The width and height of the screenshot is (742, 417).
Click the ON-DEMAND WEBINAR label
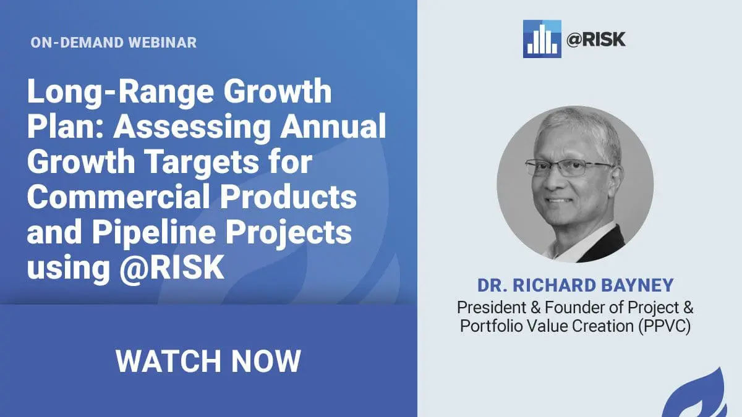tap(114, 43)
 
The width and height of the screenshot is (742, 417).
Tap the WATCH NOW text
tap(208, 361)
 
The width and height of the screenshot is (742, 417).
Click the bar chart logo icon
tap(542, 39)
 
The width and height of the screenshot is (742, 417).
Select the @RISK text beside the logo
tap(596, 39)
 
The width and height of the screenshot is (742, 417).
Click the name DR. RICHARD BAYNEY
tap(576, 285)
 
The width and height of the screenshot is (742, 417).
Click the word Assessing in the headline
tap(192, 127)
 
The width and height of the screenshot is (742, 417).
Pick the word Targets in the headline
tap(202, 162)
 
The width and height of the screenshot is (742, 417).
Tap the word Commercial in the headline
tap(119, 197)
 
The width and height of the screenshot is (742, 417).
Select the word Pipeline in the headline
tap(154, 233)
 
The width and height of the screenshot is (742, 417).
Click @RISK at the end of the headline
tap(172, 267)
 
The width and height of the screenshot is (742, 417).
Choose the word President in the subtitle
tap(492, 308)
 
